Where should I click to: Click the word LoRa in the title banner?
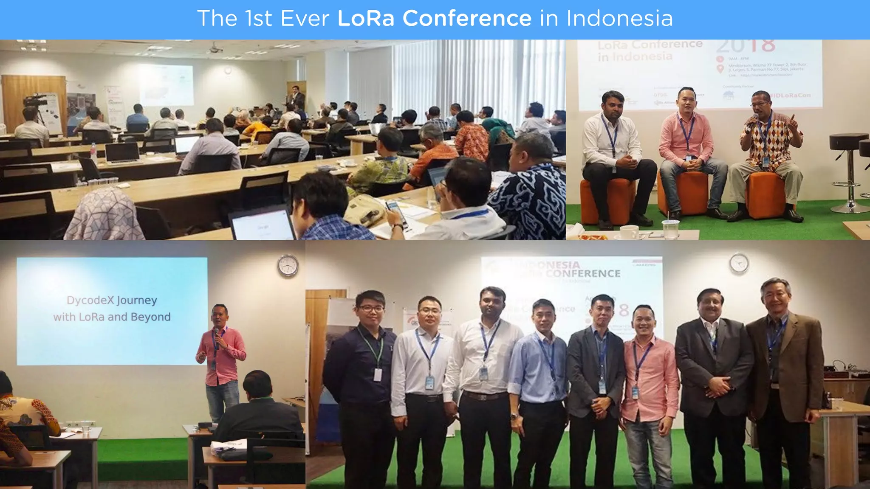pos(366,18)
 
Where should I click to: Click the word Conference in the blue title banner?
pos(467,18)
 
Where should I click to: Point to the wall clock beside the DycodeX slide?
pos(288,266)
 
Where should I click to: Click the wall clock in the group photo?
pos(739,263)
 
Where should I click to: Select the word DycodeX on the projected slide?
pos(90,300)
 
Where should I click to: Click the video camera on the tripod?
pos(35,101)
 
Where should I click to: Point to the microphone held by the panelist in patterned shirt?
pos(755,119)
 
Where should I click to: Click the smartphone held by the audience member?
pos(393,210)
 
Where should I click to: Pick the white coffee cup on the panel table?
pos(629,231)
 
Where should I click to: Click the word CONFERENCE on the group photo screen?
pos(583,273)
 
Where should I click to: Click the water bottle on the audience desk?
pos(93,153)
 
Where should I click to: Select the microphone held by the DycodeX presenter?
pos(216,334)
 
